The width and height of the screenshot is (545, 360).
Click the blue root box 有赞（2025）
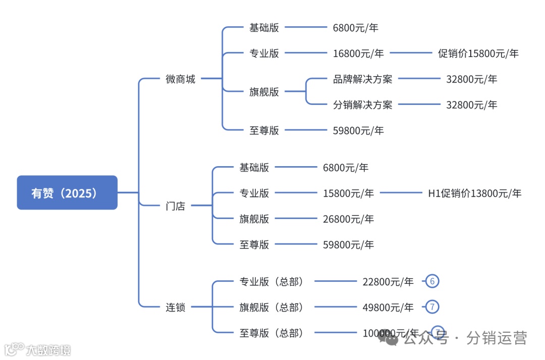[x=67, y=192]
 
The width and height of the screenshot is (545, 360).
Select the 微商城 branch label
[x=180, y=79]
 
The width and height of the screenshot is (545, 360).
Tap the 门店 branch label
[x=175, y=206]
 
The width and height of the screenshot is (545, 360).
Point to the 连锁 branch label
[x=175, y=307]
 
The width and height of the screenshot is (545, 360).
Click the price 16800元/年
[x=358, y=54]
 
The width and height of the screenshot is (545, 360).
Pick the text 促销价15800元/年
[x=478, y=54]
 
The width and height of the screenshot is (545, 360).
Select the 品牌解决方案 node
[x=362, y=79]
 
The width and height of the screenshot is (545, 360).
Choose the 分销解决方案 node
[x=362, y=105]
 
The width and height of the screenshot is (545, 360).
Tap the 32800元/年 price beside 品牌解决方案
[x=471, y=79]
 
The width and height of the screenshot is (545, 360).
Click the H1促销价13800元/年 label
[x=474, y=193]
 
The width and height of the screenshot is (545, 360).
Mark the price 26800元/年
[x=348, y=219]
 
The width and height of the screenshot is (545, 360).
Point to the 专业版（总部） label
[x=272, y=282]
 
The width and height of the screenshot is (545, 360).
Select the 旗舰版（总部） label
[x=272, y=307]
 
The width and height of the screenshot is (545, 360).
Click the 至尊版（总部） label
[x=272, y=333]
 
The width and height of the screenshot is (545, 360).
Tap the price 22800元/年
[x=388, y=282]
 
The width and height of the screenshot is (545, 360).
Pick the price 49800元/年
[x=388, y=307]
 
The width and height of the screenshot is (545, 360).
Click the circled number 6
[x=432, y=281]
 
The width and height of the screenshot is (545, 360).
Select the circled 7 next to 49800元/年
[x=432, y=306]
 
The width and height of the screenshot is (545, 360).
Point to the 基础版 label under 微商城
[x=264, y=28]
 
